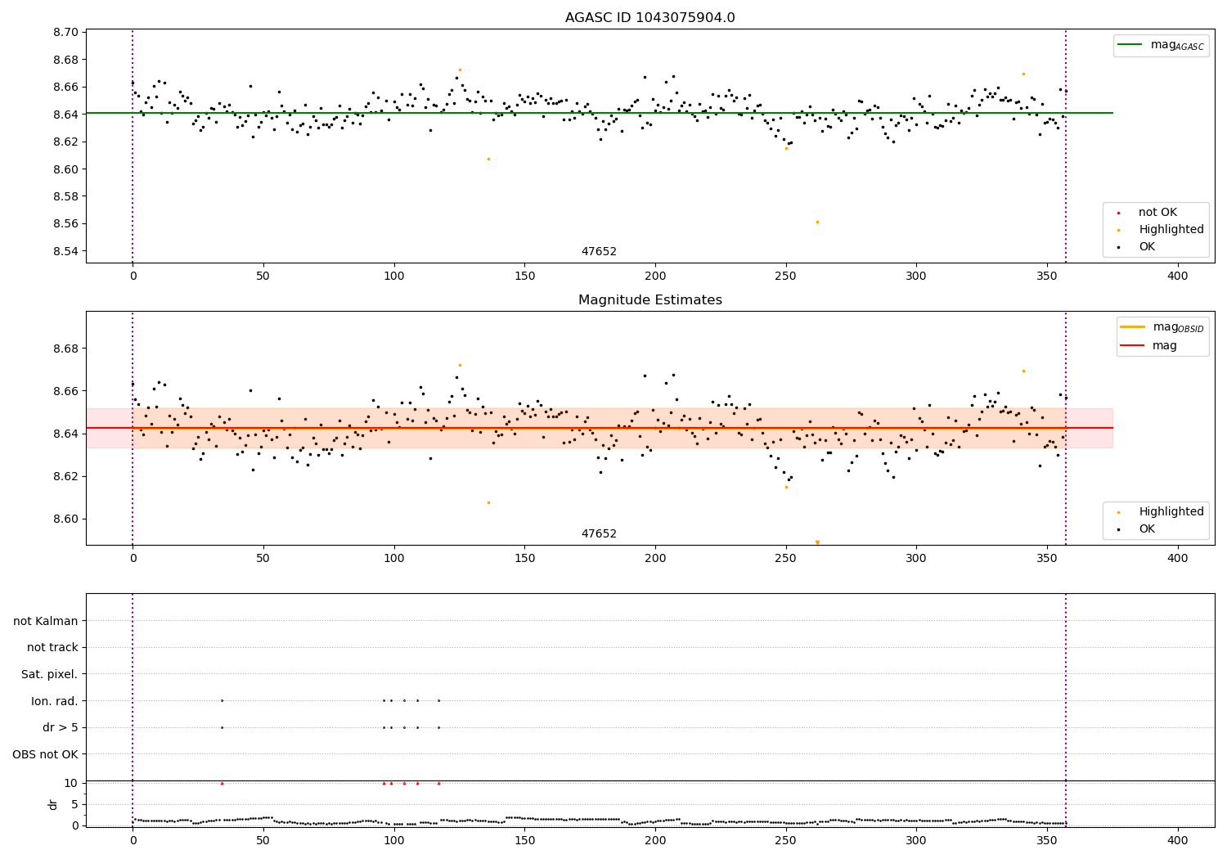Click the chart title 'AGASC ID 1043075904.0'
pyautogui.click(x=649, y=18)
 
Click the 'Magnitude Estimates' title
pyautogui.click(x=649, y=300)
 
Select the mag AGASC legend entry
pyautogui.click(x=1161, y=45)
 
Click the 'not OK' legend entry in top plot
pyautogui.click(x=1157, y=213)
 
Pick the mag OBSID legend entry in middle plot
pyautogui.click(x=1162, y=327)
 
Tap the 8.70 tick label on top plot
pyautogui.click(x=66, y=33)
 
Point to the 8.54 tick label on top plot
pyautogui.click(x=66, y=251)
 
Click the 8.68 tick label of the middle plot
pyautogui.click(x=66, y=349)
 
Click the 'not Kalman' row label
pyautogui.click(x=46, y=621)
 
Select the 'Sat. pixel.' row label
pyautogui.click(x=49, y=674)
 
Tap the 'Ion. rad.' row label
pyautogui.click(x=54, y=701)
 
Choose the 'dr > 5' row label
pyautogui.click(x=60, y=727)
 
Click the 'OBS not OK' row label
pyautogui.click(x=45, y=754)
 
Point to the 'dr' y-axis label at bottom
pyautogui.click(x=53, y=804)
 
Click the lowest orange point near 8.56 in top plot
pyautogui.click(x=816, y=222)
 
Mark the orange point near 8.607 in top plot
pyautogui.click(x=488, y=159)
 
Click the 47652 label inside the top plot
pyautogui.click(x=599, y=252)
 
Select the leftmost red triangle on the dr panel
pyautogui.click(x=222, y=783)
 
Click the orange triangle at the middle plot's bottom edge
pyautogui.click(x=816, y=542)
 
